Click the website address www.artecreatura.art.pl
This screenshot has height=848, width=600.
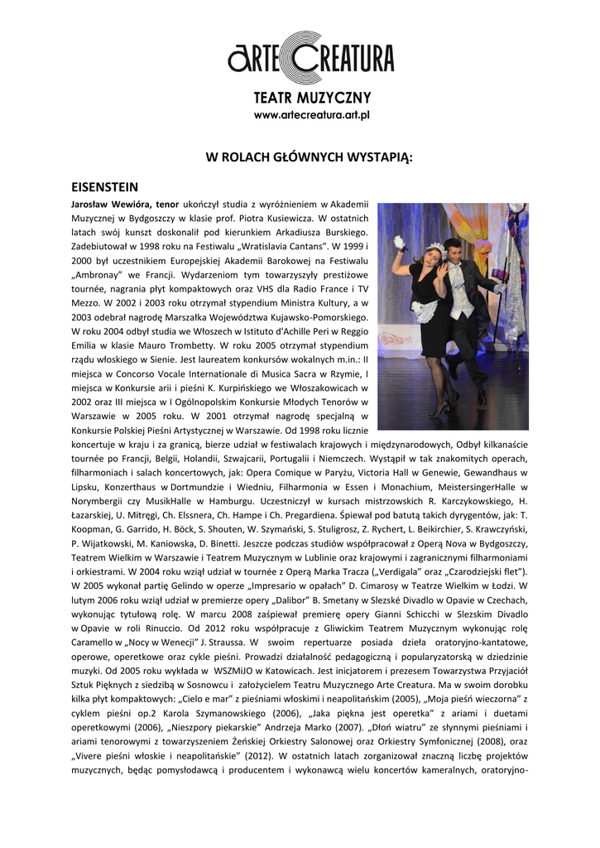pyautogui.click(x=312, y=115)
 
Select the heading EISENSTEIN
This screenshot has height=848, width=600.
pyautogui.click(x=105, y=187)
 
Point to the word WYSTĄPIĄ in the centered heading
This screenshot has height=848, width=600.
pyautogui.click(x=372, y=157)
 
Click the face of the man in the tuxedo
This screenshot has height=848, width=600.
pyautogui.click(x=452, y=250)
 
